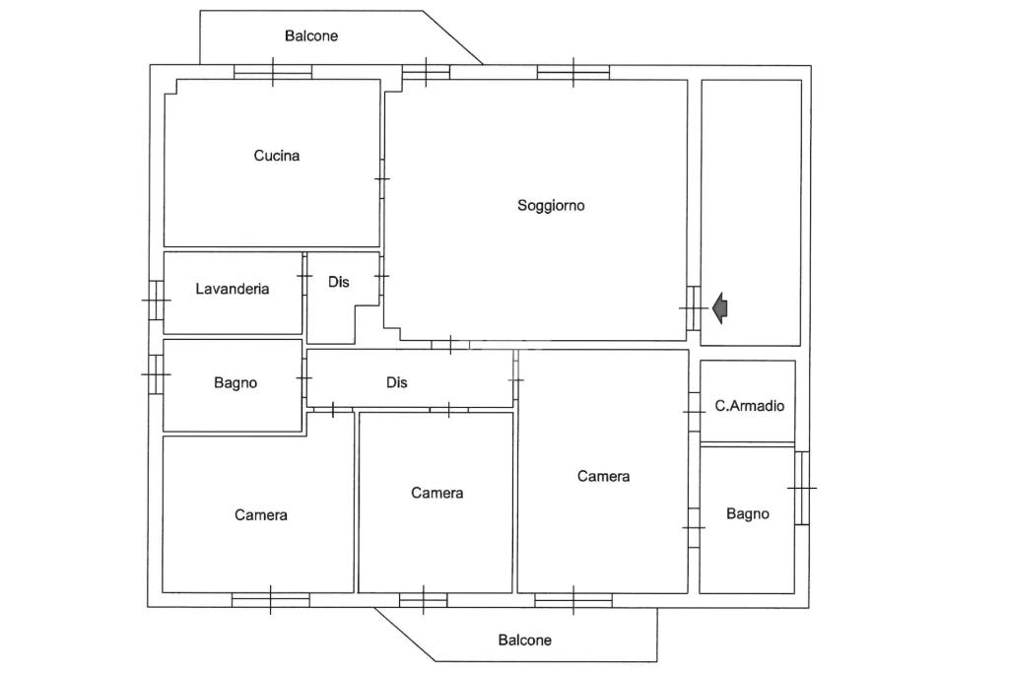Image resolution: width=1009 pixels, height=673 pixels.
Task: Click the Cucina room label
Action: click(276, 156)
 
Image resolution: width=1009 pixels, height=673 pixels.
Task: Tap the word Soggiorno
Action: click(551, 206)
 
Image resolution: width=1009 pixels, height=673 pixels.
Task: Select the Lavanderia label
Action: click(232, 290)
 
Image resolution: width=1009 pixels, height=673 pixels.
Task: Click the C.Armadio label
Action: click(749, 405)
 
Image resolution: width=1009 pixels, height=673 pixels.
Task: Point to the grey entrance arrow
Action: click(720, 308)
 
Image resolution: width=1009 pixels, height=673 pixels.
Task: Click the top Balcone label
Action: click(311, 36)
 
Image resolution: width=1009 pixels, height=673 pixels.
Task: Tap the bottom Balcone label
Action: click(524, 640)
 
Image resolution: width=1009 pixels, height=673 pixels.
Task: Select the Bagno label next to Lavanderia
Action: click(235, 383)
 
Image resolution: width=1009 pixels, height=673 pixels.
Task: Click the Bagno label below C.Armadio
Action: click(747, 514)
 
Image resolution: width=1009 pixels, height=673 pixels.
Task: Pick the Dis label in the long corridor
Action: click(396, 383)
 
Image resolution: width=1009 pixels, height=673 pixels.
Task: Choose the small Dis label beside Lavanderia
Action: click(338, 283)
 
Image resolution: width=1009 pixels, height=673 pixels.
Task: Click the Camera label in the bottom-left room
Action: click(261, 515)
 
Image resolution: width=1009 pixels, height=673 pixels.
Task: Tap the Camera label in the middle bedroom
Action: click(437, 494)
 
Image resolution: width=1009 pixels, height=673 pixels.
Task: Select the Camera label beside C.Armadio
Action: click(603, 477)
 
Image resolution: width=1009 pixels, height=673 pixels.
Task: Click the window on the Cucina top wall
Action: click(273, 72)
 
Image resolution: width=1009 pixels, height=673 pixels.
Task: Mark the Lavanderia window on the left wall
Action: click(156, 300)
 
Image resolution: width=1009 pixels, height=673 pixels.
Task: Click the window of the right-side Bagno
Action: click(802, 488)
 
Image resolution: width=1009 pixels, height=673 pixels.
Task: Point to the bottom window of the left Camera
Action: click(271, 599)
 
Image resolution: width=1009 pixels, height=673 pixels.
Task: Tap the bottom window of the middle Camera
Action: click(423, 599)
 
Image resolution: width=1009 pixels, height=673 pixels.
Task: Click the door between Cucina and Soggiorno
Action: click(382, 178)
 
